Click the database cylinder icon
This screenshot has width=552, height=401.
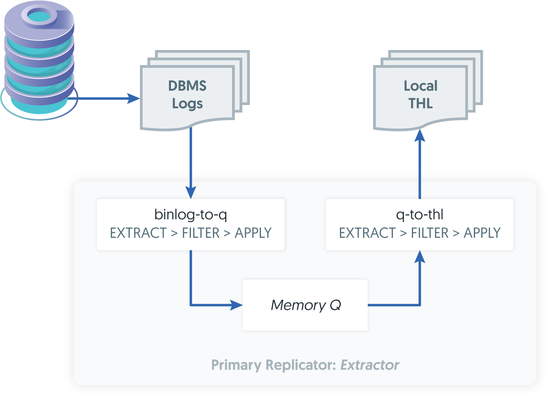39,61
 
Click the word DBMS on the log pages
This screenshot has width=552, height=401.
187,86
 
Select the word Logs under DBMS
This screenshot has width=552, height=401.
187,104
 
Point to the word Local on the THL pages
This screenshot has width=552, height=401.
421,86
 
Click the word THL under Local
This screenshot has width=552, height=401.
421,104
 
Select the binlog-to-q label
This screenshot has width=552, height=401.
191,214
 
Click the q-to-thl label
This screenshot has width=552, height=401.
420,214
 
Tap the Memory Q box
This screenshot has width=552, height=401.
305,305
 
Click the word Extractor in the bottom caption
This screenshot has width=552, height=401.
370,365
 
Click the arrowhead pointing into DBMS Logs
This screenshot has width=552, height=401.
134,98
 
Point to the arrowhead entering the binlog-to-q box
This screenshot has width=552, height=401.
191,192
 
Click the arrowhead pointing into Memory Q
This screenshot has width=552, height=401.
236,305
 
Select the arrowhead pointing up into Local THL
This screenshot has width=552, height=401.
420,136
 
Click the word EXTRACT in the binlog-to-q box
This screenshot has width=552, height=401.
138,233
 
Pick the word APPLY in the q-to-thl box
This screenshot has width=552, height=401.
482,233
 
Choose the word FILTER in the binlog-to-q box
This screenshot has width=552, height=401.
201,233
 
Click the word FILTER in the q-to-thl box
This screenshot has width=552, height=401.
429,233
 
